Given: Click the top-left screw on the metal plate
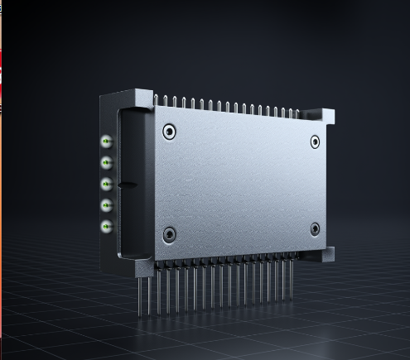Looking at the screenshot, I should [169, 131].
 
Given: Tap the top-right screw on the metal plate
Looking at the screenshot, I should [315, 142].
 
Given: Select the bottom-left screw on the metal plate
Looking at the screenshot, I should [169, 235].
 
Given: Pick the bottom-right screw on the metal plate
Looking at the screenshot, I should [315, 229].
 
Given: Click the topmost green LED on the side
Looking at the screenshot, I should [106, 142].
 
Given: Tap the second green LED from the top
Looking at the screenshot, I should [106, 163].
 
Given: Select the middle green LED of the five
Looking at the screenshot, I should [106, 184].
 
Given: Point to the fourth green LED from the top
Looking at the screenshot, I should [106, 204].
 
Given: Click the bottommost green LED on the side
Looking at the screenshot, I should [106, 225].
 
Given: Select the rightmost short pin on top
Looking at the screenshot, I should [300, 111].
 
